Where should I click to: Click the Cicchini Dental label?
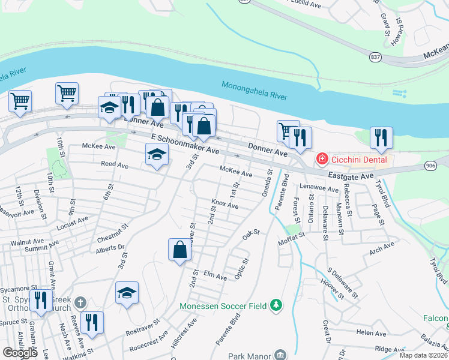(x=358, y=159)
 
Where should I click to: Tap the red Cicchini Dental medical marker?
(x=322, y=159)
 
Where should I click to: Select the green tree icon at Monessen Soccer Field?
(x=276, y=305)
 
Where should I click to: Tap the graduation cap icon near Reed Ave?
(x=157, y=155)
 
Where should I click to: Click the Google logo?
(x=20, y=352)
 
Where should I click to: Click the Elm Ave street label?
(x=215, y=277)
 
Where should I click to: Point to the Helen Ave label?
(x=371, y=332)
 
